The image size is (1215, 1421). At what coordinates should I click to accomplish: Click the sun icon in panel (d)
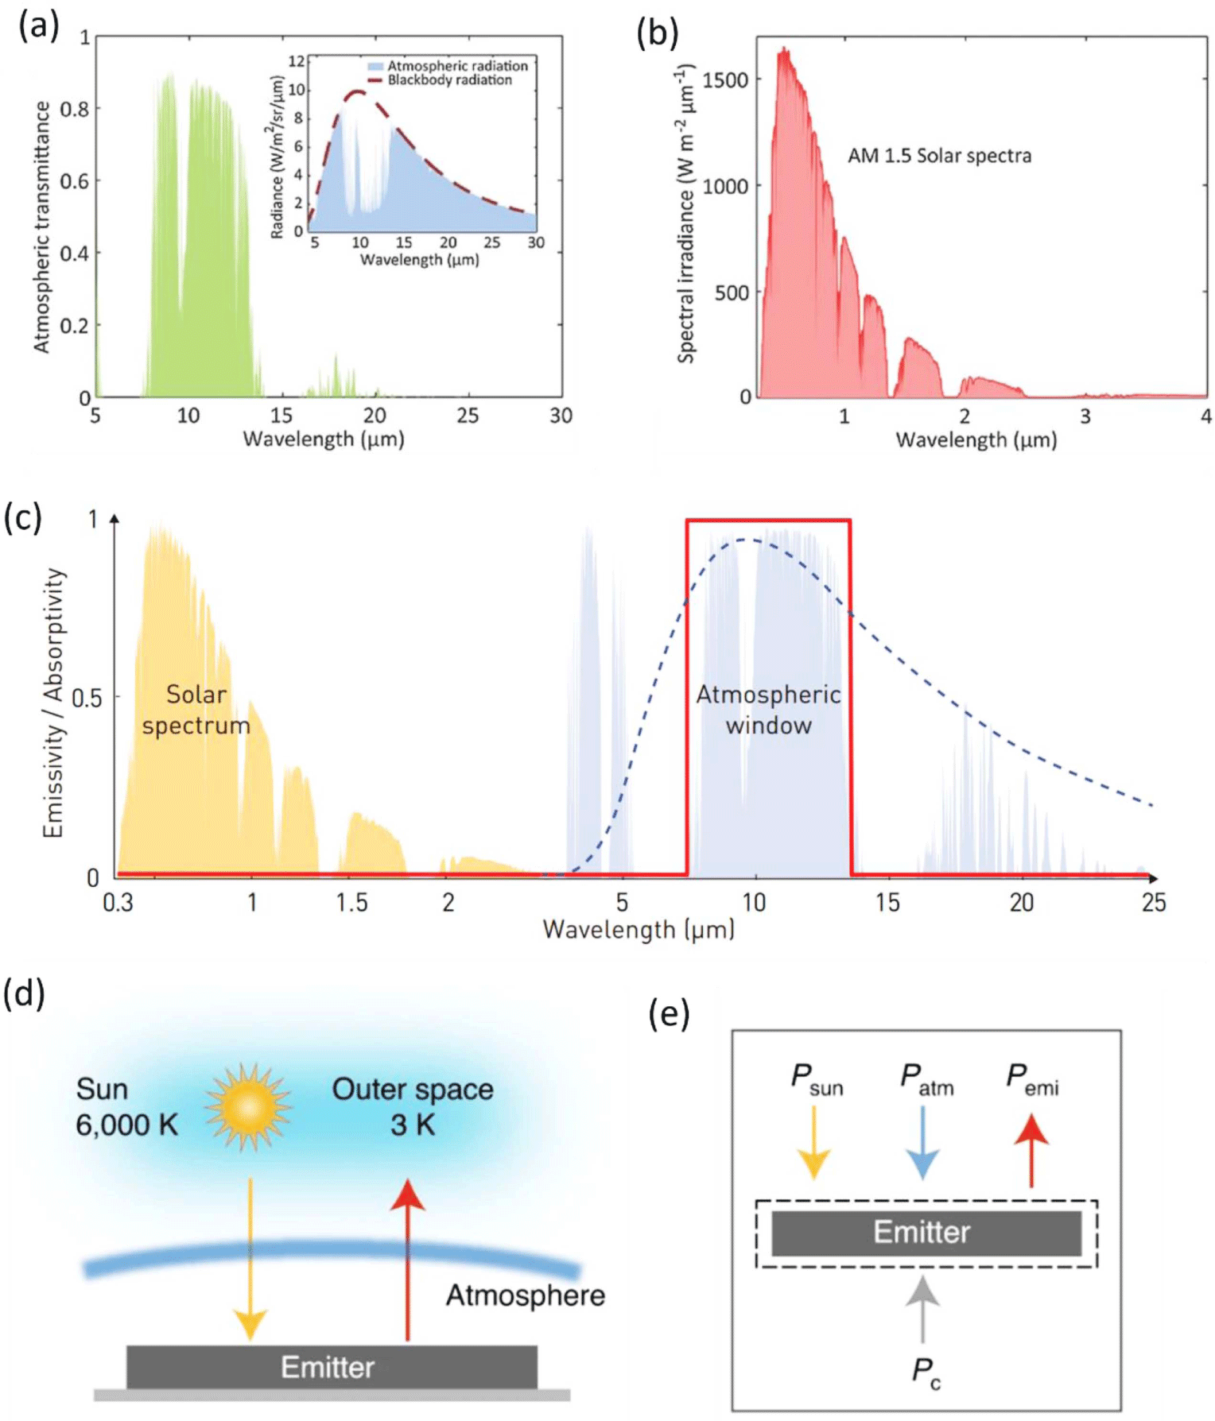[249, 1107]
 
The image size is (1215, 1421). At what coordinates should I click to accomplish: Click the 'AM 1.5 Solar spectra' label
[939, 156]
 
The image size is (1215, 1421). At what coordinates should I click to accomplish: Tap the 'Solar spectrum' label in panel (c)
[196, 710]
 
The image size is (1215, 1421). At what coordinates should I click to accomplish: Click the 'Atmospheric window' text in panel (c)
[768, 710]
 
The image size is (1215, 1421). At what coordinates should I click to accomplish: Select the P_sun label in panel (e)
[817, 1078]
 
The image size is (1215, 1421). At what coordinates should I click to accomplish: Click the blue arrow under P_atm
[922, 1142]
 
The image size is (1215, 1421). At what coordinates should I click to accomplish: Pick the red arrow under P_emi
[1031, 1150]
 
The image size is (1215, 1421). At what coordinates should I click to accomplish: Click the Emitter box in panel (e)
[926, 1233]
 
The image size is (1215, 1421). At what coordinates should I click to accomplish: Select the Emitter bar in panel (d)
[332, 1367]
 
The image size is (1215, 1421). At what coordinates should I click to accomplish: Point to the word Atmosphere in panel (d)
[525, 1295]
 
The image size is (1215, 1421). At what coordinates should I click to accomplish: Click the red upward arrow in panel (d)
[408, 1260]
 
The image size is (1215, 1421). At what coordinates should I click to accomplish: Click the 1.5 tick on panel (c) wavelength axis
[351, 903]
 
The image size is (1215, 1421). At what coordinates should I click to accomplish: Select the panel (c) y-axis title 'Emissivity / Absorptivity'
[53, 703]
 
